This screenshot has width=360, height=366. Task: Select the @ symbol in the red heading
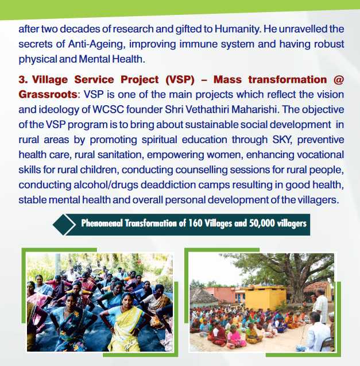[339, 80]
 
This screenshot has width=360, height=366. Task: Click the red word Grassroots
[48, 95]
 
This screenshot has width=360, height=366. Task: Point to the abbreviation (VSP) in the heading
[180, 80]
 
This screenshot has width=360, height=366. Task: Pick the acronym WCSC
[108, 110]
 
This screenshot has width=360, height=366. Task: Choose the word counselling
[201, 170]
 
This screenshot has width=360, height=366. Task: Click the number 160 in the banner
[195, 223]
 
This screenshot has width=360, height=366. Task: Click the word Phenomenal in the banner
[102, 224]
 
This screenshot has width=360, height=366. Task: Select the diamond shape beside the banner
[64, 225]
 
